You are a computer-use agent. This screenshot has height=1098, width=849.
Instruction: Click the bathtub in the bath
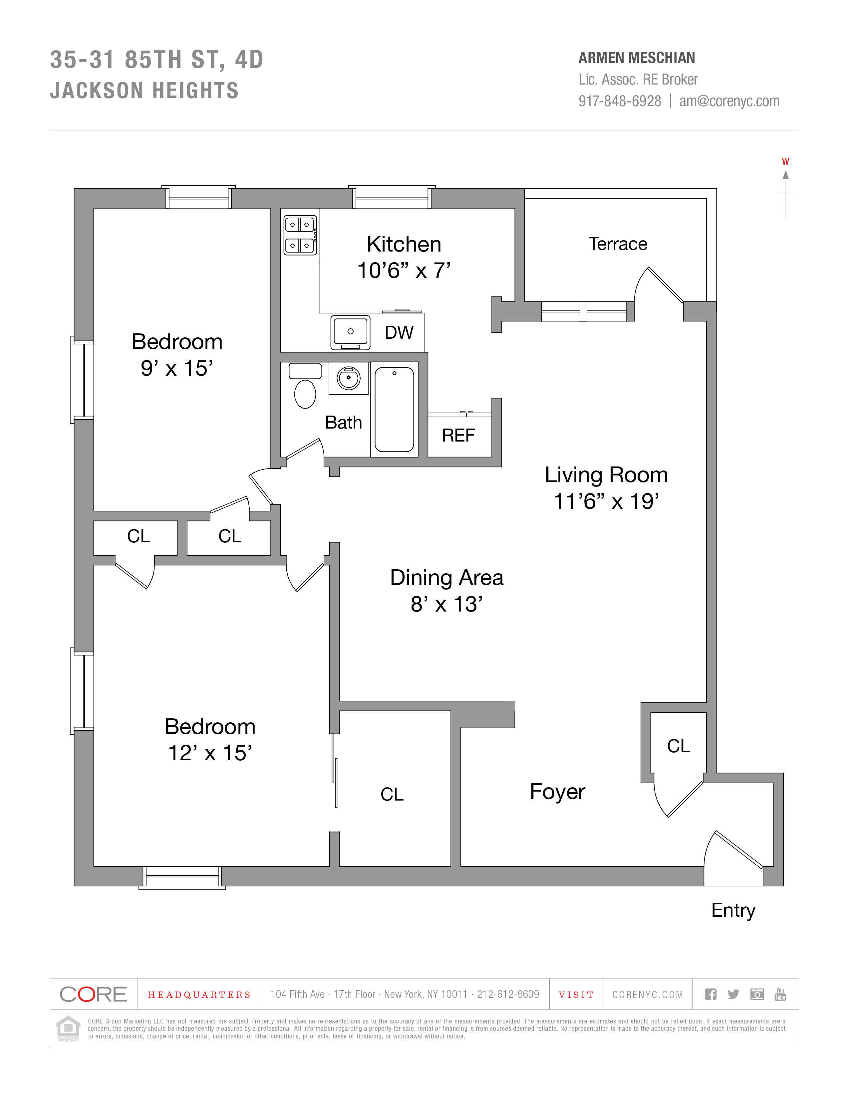click(394, 409)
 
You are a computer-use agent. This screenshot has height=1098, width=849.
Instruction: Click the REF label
click(458, 436)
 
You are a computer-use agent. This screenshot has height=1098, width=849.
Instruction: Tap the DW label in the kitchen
click(399, 332)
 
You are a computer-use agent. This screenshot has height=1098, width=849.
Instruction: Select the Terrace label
click(618, 244)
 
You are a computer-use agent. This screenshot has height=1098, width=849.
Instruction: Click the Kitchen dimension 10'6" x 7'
click(404, 271)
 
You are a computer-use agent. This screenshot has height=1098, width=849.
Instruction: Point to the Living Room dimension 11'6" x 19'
click(606, 501)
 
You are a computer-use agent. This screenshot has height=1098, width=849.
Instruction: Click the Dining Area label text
click(446, 578)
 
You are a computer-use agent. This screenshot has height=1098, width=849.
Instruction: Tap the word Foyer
click(557, 791)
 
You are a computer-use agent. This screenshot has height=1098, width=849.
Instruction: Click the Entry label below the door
click(733, 910)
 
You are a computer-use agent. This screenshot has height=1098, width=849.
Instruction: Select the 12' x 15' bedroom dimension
click(210, 753)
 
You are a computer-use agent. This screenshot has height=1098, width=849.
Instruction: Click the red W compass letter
click(785, 161)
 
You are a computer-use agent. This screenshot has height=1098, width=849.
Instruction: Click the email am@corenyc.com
click(729, 101)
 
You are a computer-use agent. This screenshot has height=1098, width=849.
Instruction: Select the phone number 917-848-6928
click(620, 101)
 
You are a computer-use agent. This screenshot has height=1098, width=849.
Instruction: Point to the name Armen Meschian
click(636, 58)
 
